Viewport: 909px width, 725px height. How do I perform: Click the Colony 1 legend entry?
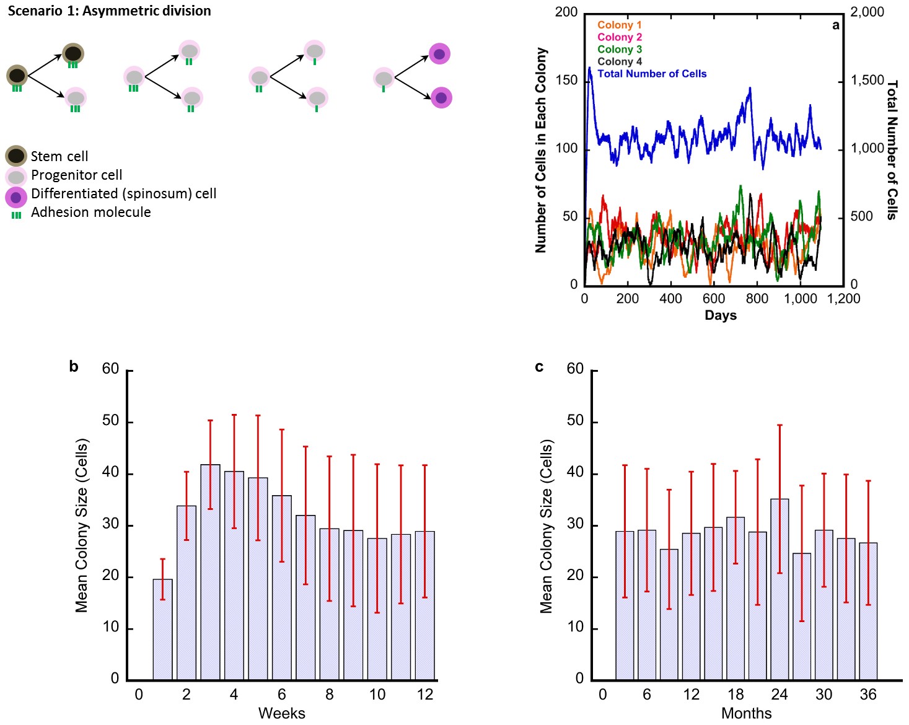coord(619,25)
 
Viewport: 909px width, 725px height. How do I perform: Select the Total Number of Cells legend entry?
coord(652,74)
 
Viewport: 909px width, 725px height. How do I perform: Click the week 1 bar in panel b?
coord(162,629)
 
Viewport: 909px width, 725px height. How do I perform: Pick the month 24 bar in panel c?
coord(779,589)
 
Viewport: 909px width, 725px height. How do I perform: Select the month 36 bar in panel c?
coord(868,611)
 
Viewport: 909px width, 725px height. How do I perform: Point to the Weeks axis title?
coord(281,713)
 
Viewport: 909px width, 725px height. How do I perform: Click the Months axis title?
coord(746,713)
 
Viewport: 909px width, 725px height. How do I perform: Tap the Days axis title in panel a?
coord(721,315)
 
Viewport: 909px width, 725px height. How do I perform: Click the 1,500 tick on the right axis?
coord(867,81)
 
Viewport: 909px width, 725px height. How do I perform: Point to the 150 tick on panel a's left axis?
coord(566,81)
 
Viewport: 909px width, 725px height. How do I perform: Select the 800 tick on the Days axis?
coord(757,299)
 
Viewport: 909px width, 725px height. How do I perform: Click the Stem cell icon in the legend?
coord(16,156)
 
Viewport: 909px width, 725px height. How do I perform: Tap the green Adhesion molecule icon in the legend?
coord(16,215)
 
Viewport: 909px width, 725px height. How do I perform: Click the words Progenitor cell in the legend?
coord(76,175)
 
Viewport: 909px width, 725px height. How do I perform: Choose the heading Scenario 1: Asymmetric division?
coord(109,11)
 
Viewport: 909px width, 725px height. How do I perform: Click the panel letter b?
coord(74,366)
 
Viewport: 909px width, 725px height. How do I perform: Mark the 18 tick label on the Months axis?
coord(736,695)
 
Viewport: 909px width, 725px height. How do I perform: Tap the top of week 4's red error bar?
coord(234,415)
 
